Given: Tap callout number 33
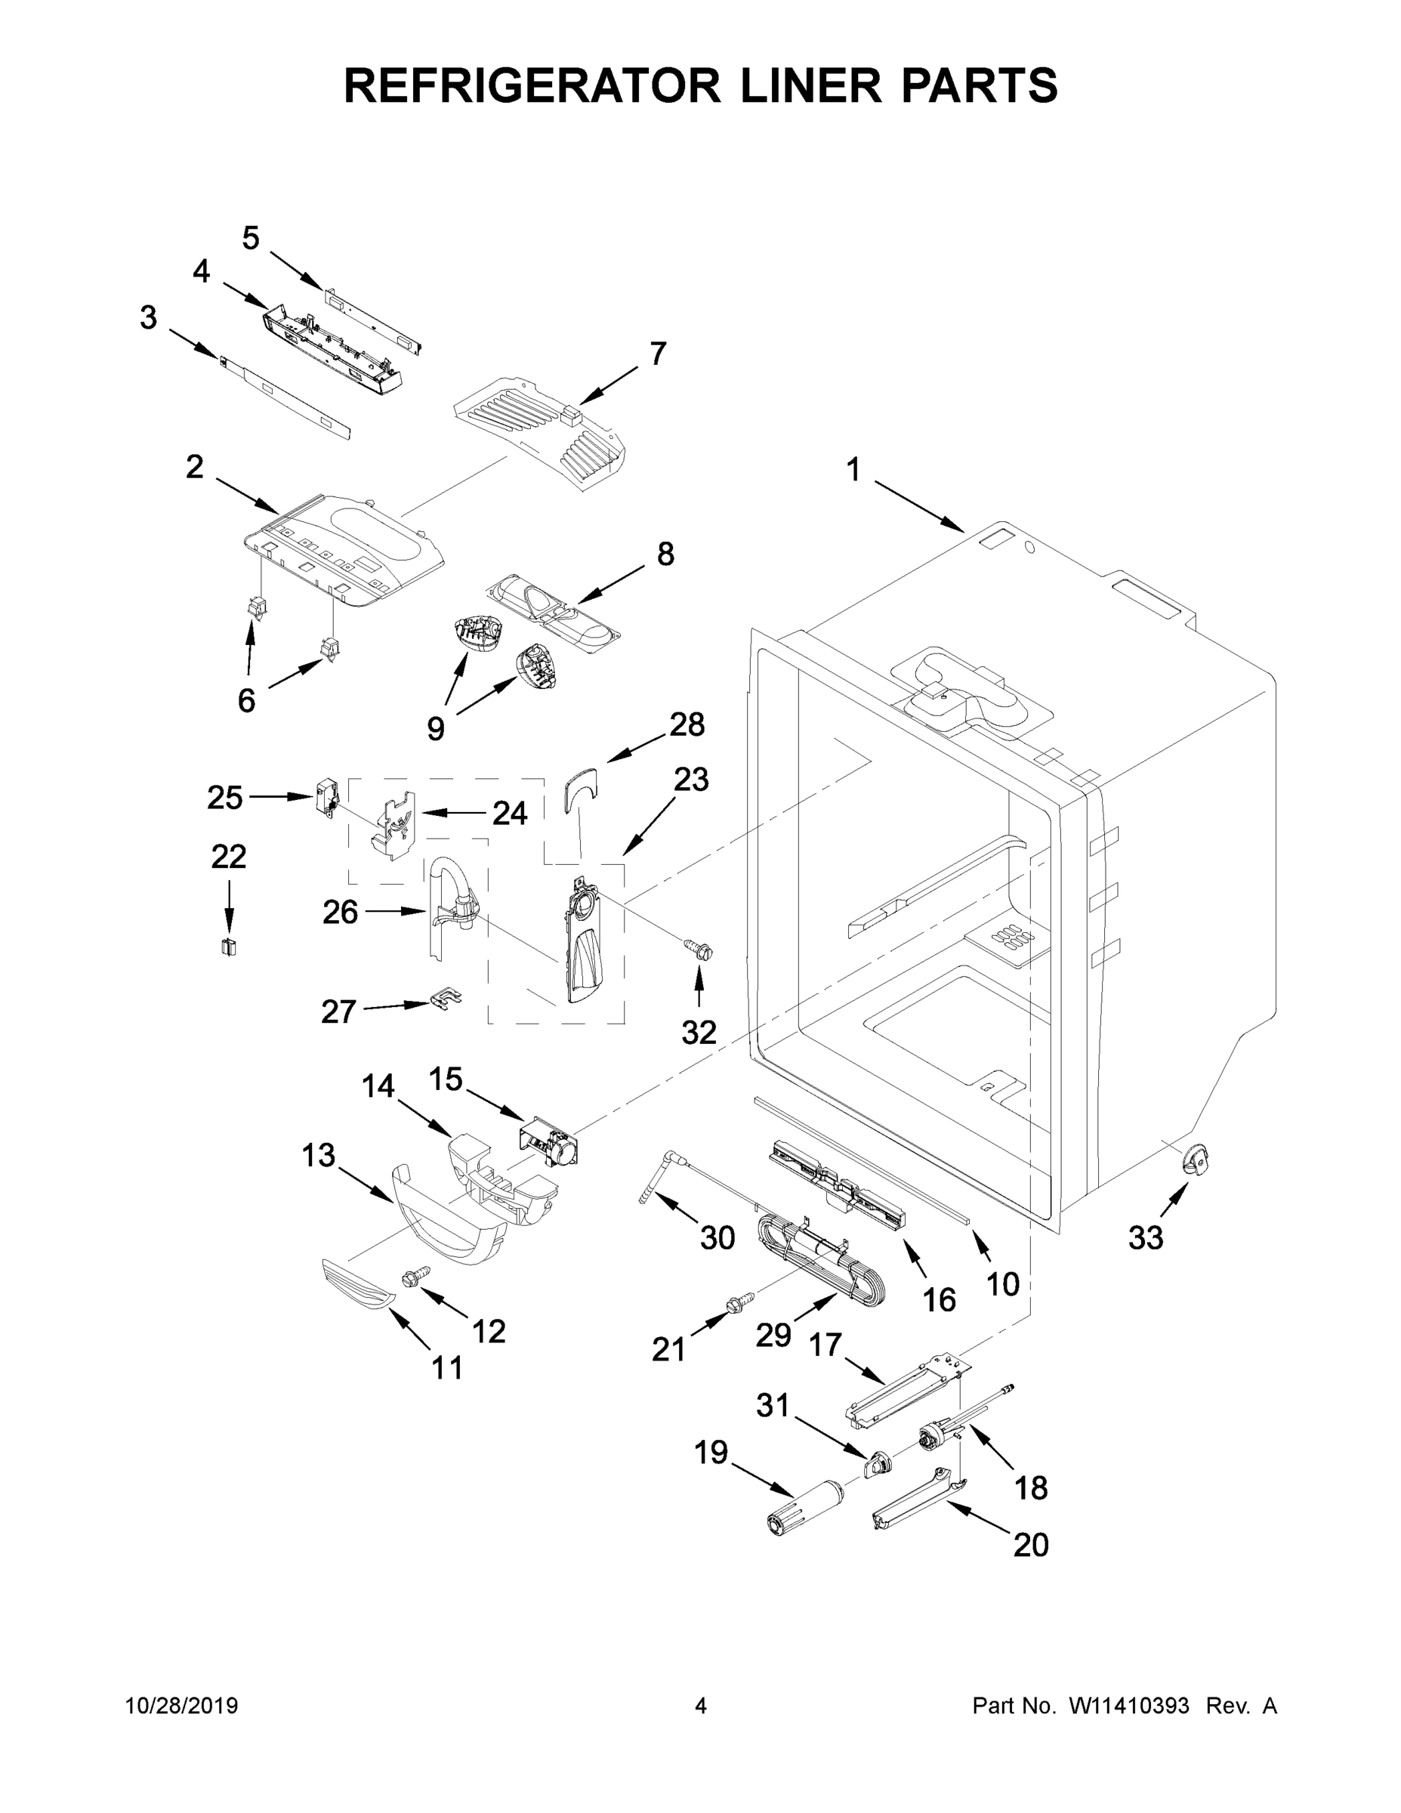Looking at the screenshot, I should click(1146, 1262).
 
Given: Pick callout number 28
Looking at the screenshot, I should click(687, 724).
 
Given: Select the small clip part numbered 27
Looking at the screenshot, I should click(446, 999).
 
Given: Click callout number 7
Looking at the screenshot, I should click(657, 354).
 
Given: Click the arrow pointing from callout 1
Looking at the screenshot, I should click(917, 505).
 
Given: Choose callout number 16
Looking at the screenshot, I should click(939, 1300).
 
